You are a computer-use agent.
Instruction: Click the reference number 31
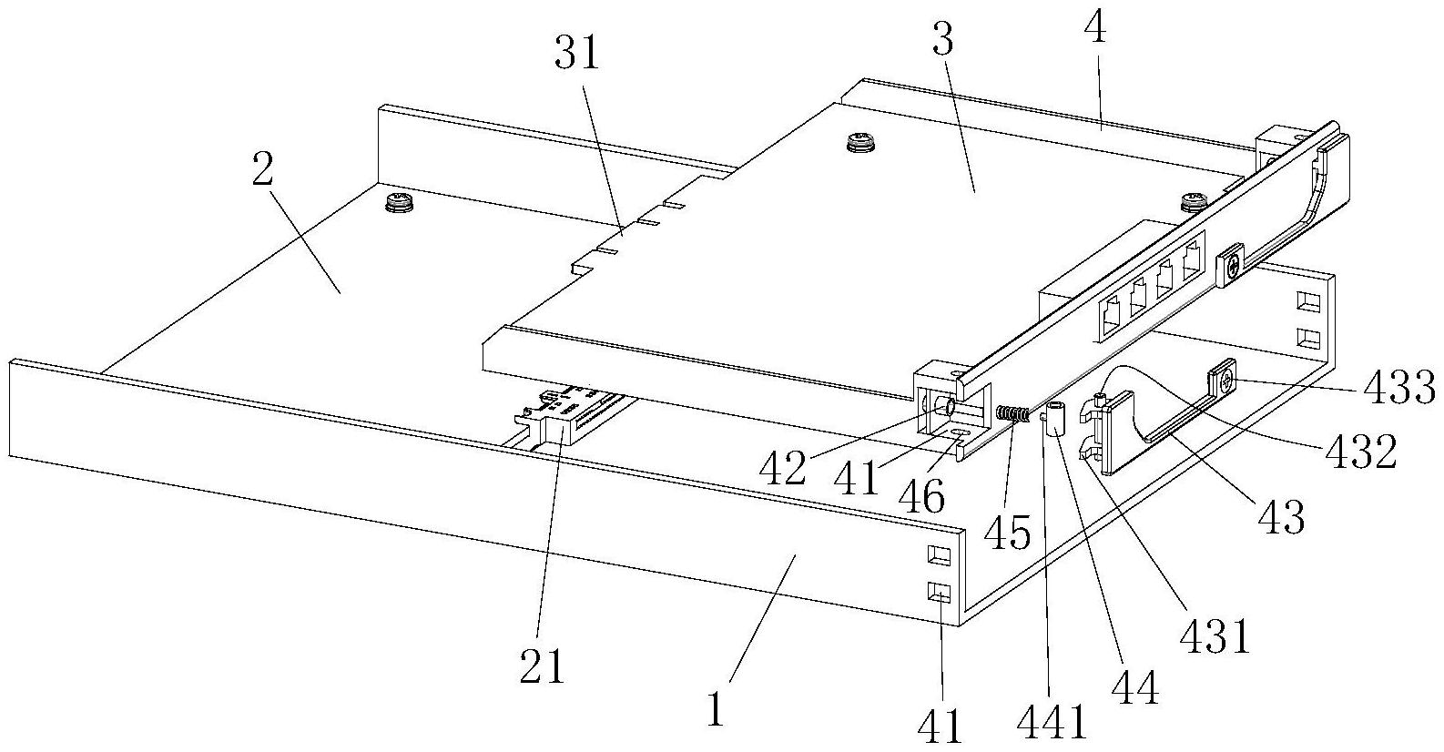point(577,54)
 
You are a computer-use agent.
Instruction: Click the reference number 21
point(542,665)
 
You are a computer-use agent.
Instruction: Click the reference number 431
point(1215,636)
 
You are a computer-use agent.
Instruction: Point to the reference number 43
point(1282,516)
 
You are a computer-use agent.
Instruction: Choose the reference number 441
point(1052,722)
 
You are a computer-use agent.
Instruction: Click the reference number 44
point(1136,687)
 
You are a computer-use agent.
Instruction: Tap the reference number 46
point(922,496)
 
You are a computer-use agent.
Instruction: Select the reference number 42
point(783,469)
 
